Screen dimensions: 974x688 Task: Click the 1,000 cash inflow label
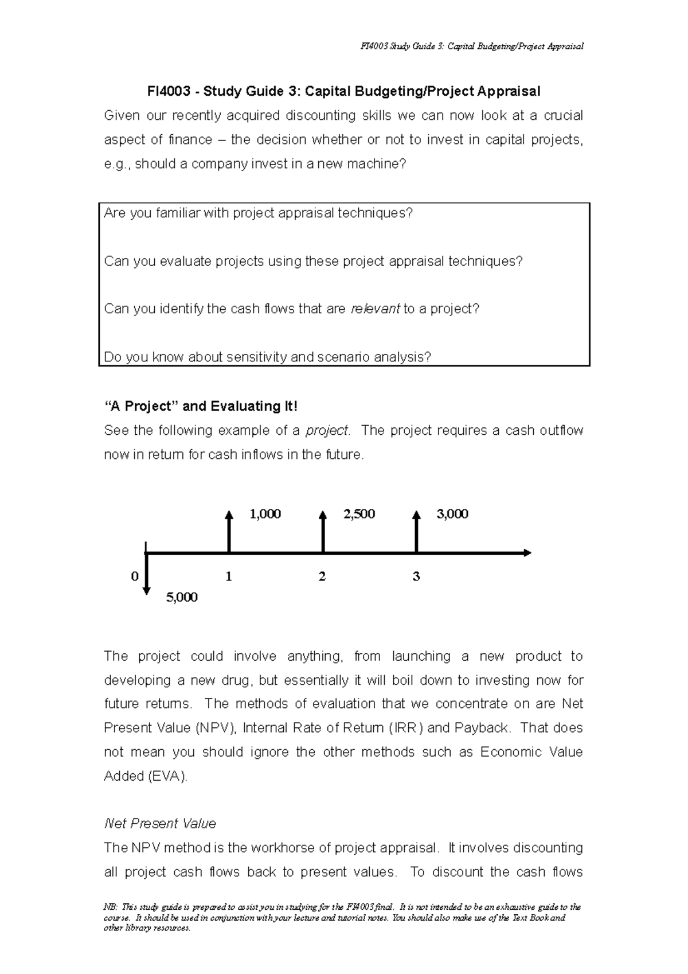pos(265,514)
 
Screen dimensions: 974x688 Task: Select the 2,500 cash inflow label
pos(359,514)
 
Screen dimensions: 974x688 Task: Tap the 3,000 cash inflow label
pos(452,514)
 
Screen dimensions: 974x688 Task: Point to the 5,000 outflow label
pos(182,597)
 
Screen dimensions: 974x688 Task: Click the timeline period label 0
pos(135,576)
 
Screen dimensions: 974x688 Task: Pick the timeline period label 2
pos(322,576)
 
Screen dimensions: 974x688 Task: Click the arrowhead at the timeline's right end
pos(527,553)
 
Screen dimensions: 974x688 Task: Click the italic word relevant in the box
pos(375,309)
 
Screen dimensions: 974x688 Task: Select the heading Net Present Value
pos(160,824)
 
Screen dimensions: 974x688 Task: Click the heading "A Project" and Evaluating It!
pos(201,406)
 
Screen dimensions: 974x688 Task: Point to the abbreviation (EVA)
pos(167,776)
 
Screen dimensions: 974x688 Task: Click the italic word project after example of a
pos(326,430)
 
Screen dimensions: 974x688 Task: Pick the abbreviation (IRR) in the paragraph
pos(406,728)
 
